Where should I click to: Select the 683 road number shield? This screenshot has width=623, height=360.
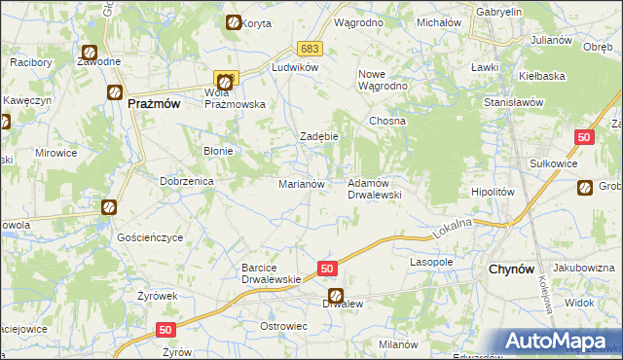point(309,49)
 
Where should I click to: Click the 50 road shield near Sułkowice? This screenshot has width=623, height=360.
point(584,140)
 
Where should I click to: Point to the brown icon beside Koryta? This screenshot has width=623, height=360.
point(233,22)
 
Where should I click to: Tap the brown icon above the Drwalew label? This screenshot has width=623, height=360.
point(335,296)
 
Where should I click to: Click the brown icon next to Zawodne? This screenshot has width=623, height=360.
point(90,54)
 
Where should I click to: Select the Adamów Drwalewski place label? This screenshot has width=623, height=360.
point(375,188)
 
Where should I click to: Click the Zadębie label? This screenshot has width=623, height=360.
point(318,136)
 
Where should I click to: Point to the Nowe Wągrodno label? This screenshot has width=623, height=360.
point(383,80)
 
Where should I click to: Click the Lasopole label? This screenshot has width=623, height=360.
point(432,263)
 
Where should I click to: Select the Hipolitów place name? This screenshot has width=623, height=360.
point(492,193)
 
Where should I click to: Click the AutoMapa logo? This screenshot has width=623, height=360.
point(559,342)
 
